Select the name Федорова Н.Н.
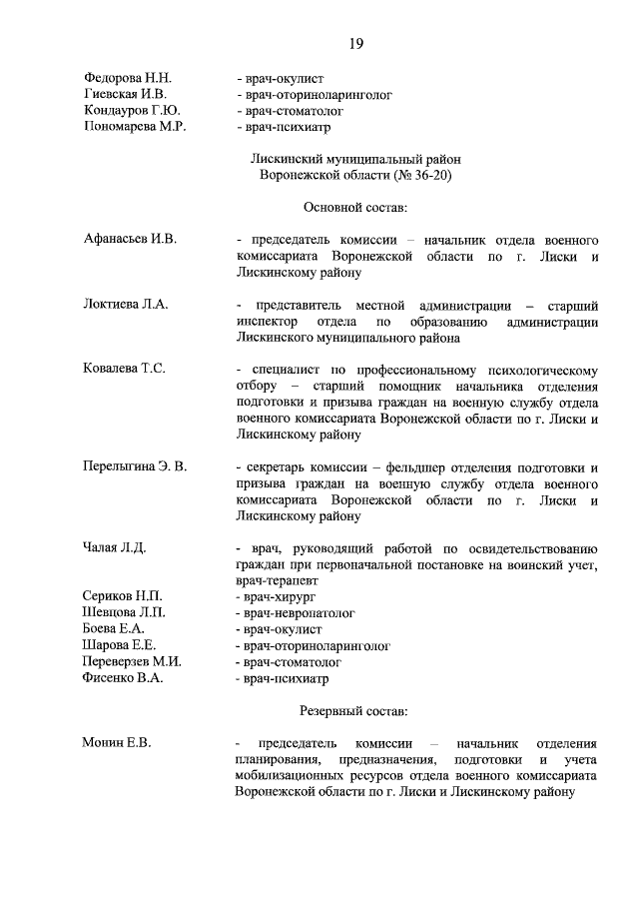click(x=128, y=77)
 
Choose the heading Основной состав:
click(x=354, y=208)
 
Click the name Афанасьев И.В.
click(x=130, y=239)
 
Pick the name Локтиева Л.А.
click(x=125, y=305)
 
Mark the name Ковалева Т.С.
click(x=124, y=369)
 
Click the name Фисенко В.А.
click(x=123, y=677)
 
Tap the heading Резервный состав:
click(x=354, y=710)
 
